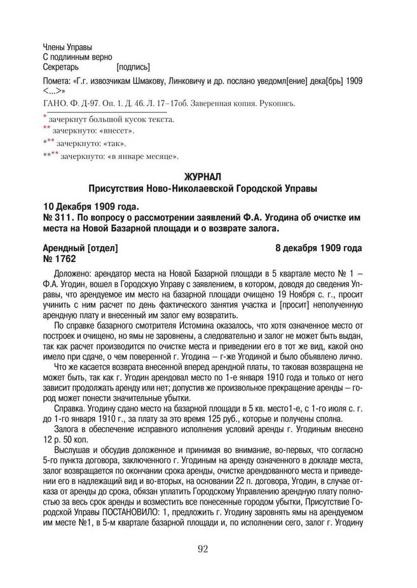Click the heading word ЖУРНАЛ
[x=208, y=178]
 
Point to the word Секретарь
[x=61, y=66]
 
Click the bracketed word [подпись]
[x=133, y=66]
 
